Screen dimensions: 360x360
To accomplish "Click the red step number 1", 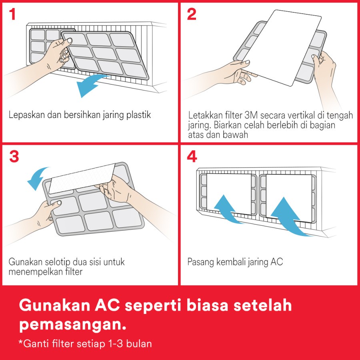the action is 12,14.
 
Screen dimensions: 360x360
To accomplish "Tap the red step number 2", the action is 192,14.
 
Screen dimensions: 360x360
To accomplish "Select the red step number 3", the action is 14,156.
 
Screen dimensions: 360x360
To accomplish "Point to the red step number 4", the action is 192,156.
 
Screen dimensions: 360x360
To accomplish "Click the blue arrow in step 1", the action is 90,84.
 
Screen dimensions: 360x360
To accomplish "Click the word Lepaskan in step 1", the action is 27,115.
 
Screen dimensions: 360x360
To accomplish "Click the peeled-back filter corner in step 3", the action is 82,178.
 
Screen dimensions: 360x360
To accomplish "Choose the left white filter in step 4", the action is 229,194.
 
